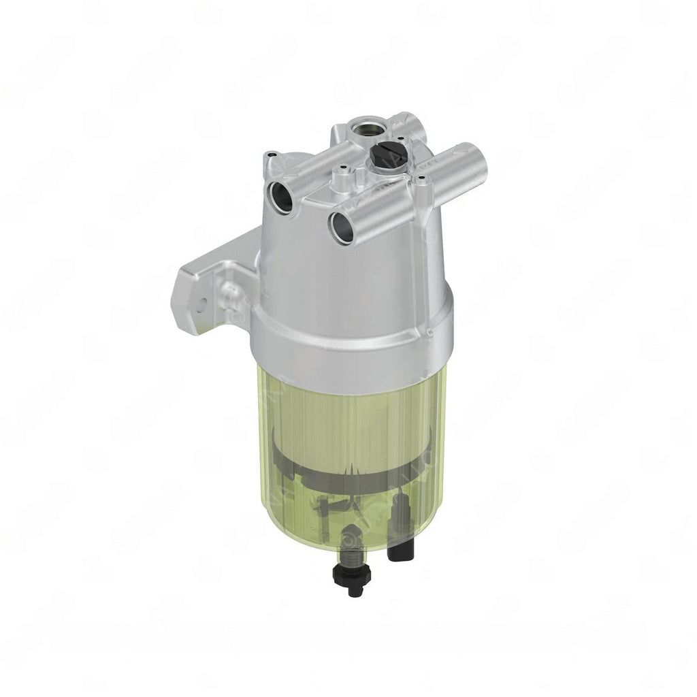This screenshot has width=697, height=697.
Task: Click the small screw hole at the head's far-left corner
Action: pyautogui.click(x=271, y=155)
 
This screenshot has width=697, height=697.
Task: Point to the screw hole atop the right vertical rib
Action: pyautogui.click(x=422, y=179)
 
